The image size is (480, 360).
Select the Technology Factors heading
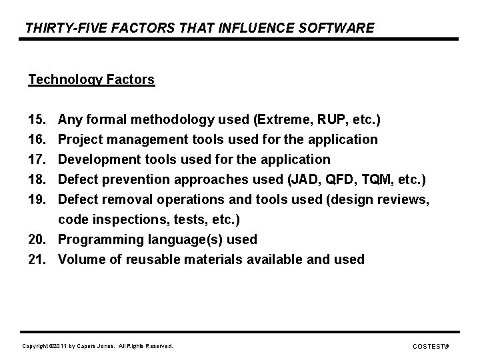click(91, 80)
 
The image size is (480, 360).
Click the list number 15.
click(37, 120)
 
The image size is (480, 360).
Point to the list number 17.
click(37, 160)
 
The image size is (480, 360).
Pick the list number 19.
click(37, 199)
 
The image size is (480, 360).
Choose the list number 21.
click(37, 259)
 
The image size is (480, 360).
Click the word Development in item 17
click(98, 160)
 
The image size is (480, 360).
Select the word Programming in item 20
click(99, 239)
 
